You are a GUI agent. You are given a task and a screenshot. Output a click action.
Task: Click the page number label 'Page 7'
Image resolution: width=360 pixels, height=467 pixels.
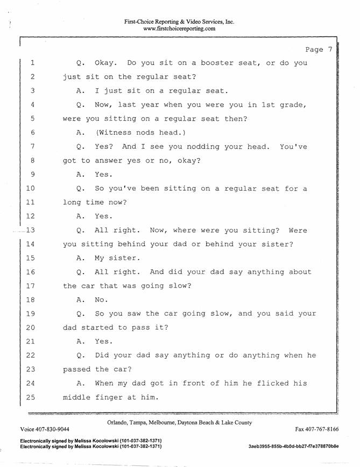[x=319, y=50]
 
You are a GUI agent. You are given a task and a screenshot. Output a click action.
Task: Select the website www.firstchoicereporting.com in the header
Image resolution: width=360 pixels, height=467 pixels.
[x=179, y=29]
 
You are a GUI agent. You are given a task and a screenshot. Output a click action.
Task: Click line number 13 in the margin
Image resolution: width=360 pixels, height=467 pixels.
[x=31, y=230]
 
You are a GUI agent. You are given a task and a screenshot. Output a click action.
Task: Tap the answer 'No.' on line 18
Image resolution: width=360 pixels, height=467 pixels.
[x=102, y=299]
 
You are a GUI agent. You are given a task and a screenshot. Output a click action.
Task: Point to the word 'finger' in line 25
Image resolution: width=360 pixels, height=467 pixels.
[x=108, y=398]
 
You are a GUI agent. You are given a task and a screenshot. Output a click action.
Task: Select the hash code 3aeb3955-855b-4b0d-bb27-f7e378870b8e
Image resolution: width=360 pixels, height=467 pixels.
[x=294, y=446]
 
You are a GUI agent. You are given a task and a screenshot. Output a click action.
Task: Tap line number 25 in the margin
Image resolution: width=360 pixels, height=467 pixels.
[x=31, y=398]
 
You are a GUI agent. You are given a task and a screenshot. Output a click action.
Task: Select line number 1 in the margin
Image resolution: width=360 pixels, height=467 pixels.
[x=32, y=63]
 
